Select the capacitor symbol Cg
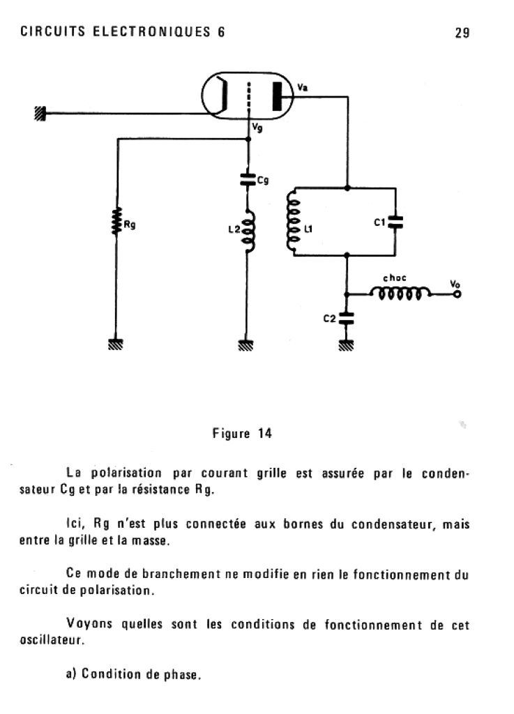point(246,180)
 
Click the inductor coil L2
point(248,229)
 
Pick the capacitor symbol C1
point(395,222)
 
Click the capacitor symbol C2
point(346,319)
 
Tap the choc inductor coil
point(400,295)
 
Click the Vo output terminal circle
point(457,295)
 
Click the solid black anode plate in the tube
point(280,97)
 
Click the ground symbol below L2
point(246,343)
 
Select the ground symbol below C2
point(346,343)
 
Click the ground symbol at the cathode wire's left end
point(40,114)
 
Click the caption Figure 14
point(242,434)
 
